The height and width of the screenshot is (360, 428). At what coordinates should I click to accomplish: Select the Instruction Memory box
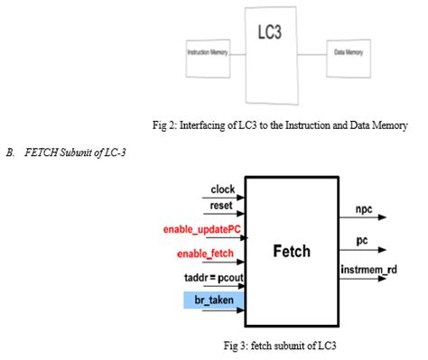[207, 53]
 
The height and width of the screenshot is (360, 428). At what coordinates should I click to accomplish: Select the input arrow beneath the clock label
[226, 198]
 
